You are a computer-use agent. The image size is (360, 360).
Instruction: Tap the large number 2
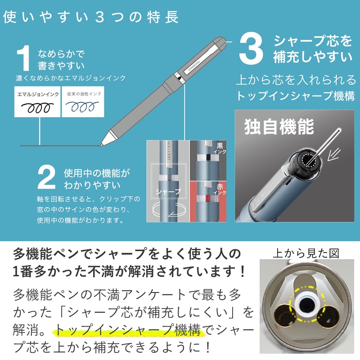(x=46, y=177)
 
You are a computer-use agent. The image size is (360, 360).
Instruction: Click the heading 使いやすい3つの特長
(x=91, y=17)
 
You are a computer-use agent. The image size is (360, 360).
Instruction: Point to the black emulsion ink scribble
(x=37, y=108)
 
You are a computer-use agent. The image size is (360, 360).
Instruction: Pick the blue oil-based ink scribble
(x=82, y=106)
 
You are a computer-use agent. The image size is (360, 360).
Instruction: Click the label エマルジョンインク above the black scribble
(x=38, y=94)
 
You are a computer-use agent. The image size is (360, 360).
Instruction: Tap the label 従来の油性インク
(x=84, y=94)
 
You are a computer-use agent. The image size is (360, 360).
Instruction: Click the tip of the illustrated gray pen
(x=101, y=145)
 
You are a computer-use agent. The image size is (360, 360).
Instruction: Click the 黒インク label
(x=220, y=148)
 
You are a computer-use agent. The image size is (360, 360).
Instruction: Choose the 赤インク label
(x=220, y=189)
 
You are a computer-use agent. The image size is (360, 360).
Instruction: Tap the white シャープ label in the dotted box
(x=168, y=192)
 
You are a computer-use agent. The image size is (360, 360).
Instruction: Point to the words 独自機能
(x=279, y=126)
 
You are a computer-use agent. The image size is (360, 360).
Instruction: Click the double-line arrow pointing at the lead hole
(x=333, y=154)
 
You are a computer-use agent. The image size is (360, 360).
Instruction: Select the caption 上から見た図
(x=306, y=253)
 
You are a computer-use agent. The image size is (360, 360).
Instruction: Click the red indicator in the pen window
(x=208, y=198)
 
